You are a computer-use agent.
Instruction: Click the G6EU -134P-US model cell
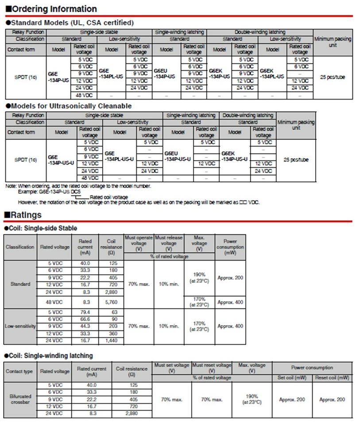(x=164, y=73)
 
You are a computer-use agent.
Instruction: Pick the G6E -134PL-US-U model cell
(x=120, y=156)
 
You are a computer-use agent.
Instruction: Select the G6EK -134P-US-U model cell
(x=235, y=156)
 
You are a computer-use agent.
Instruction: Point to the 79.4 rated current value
(x=85, y=312)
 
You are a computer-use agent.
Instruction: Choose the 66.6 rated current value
(x=85, y=319)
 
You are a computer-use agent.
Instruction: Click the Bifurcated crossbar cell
(x=20, y=399)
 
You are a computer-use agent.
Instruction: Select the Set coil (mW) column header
(x=292, y=378)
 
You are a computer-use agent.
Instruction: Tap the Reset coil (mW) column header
(x=332, y=378)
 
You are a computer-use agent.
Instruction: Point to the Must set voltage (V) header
(x=171, y=368)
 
